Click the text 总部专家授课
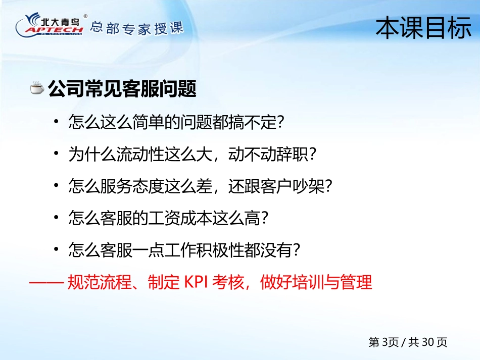coord(136,28)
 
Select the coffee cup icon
coord(37,88)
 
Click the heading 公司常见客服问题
coord(122,89)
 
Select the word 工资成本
coord(180,218)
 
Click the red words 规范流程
coord(100,282)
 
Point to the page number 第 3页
coord(383,342)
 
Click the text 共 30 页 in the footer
coord(427,342)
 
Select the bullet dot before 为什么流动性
coord(56,153)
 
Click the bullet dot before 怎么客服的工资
coord(56,217)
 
